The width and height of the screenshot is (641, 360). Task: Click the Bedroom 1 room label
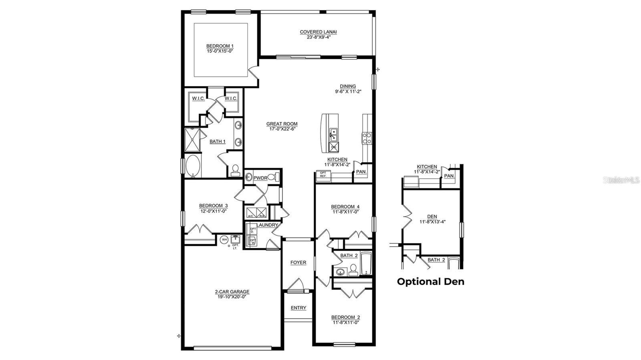tap(220, 46)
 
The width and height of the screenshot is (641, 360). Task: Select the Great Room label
tap(282, 124)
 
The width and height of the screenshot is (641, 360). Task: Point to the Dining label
tap(348, 86)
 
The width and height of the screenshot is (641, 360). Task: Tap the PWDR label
tap(260, 178)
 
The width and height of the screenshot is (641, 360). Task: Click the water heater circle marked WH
tap(224, 239)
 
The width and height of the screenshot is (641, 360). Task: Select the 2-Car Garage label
tap(232, 292)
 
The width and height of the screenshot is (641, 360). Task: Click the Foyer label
tap(298, 263)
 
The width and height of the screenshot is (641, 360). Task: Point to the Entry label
tap(298, 308)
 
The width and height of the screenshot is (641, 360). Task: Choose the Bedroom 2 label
tap(345, 317)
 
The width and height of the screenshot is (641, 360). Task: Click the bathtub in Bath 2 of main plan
tap(366, 264)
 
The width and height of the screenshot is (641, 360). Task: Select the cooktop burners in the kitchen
tap(367, 139)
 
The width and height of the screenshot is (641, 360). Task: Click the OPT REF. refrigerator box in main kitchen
tap(323, 174)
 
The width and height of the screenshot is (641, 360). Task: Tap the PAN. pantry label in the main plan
tap(361, 172)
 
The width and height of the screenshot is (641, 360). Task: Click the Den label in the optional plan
tap(432, 216)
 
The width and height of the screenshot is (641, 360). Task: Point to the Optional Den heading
tap(431, 282)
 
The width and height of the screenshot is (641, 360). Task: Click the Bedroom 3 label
tap(213, 206)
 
